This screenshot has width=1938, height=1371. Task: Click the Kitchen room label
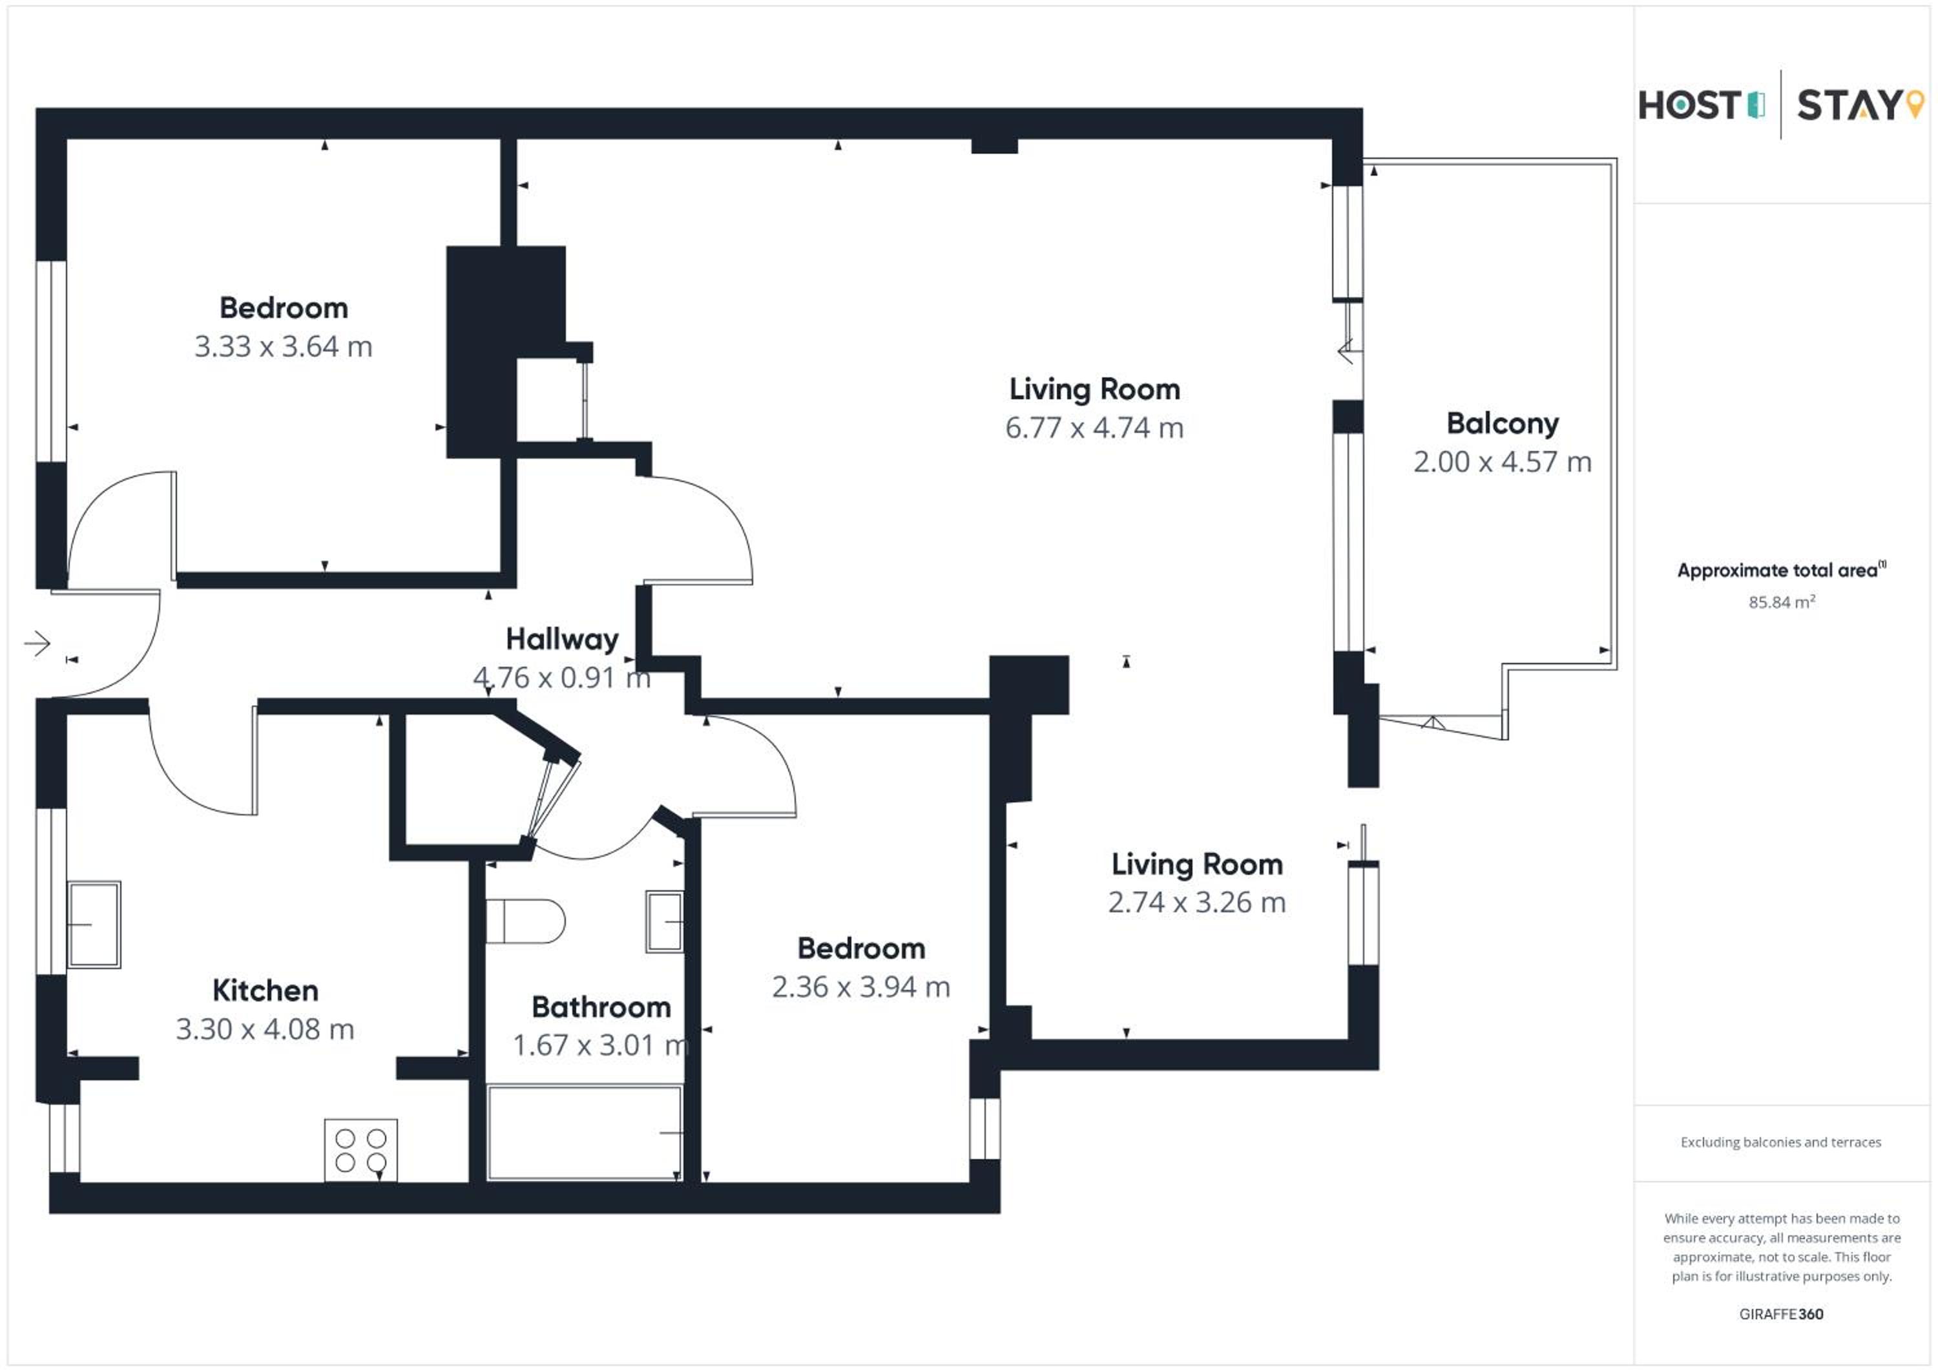[265, 990]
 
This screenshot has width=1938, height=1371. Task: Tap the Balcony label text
[1503, 424]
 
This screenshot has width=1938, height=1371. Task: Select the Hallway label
[562, 639]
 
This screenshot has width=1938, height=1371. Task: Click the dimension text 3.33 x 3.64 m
[284, 346]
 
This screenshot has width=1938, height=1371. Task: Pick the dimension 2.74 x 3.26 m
[1197, 903]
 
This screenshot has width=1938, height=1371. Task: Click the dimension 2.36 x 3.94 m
[861, 987]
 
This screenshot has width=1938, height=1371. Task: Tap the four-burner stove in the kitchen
[360, 1150]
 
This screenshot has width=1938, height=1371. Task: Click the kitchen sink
[94, 925]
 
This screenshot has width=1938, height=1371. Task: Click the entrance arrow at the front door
[37, 644]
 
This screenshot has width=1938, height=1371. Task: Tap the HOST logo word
[1689, 105]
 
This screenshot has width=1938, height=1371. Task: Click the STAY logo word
[1848, 105]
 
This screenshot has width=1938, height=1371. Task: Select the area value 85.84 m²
[1782, 602]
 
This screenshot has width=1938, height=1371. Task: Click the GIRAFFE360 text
[1781, 1314]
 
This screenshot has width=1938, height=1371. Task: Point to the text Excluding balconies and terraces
[1781, 1142]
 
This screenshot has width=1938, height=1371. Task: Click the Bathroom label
[601, 1007]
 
